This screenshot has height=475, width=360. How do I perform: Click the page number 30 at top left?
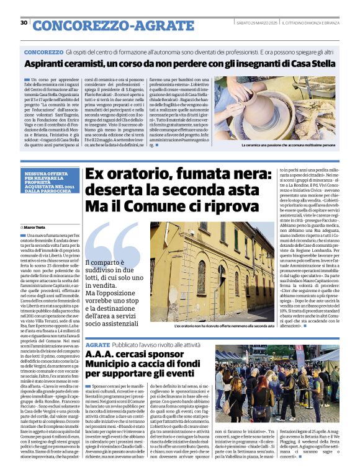pyautogui.click(x=24, y=23)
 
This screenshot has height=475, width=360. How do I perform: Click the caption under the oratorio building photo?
pyautogui.click(x=224, y=325)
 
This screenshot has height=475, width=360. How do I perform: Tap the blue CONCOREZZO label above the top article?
pyautogui.click(x=43, y=53)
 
